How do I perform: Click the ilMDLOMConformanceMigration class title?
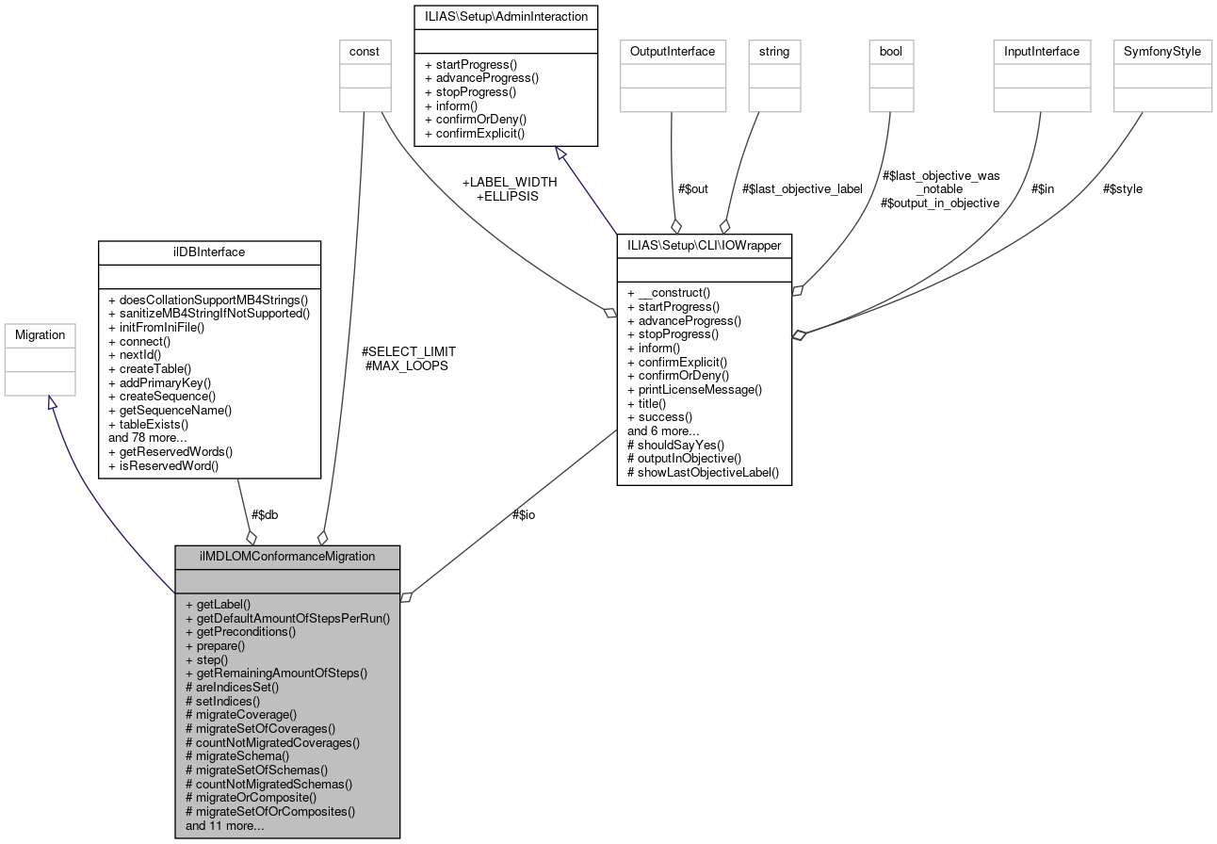[287, 556]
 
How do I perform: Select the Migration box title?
[41, 334]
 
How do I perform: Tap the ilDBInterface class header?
[209, 252]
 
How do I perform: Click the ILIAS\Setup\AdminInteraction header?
[506, 16]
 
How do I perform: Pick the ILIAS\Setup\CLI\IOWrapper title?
[704, 245]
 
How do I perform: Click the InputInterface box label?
[1042, 51]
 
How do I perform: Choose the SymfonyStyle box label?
[1162, 51]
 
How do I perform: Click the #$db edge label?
[265, 514]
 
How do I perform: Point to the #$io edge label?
[523, 514]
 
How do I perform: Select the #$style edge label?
[1123, 188]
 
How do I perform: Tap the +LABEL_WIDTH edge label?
[509, 182]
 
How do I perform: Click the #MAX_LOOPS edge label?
[406, 365]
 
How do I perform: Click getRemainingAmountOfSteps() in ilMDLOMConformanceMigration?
[276, 673]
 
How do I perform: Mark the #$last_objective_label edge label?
[803, 188]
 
